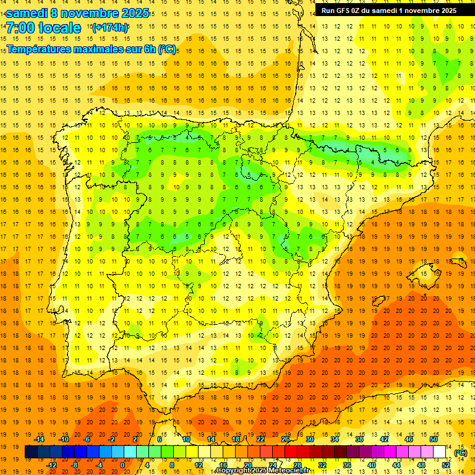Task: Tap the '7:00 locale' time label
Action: pos(43,28)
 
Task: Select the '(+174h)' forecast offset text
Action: pos(110,27)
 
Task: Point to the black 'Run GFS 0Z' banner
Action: pos(389,10)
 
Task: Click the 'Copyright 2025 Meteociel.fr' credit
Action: pos(263,471)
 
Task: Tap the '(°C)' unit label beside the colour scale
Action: pos(461,453)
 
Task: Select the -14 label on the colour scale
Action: pos(39,439)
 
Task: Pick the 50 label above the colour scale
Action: pos(434,439)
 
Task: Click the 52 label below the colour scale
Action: pos(445,464)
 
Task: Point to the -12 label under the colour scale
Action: pos(51,464)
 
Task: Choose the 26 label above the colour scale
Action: pos(285,439)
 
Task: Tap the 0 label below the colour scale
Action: pos(122,464)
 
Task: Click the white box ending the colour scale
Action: pos(440,452)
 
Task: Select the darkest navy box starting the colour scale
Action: pos(31,452)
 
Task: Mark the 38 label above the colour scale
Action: pos(359,439)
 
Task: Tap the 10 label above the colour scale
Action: pos(186,439)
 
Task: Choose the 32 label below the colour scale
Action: pos(322,464)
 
